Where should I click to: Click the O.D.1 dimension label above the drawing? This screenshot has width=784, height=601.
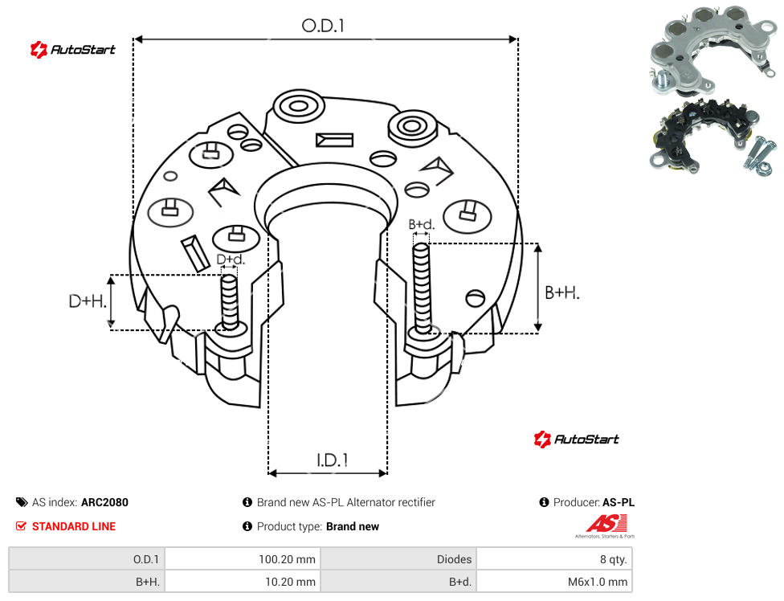pyautogui.click(x=323, y=26)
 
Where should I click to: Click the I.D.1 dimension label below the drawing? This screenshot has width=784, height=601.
pyautogui.click(x=333, y=460)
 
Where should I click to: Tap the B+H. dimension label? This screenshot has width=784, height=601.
pyautogui.click(x=562, y=292)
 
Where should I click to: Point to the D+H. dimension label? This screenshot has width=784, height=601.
pyautogui.click(x=88, y=301)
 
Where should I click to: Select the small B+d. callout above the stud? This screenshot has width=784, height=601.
pyautogui.click(x=422, y=224)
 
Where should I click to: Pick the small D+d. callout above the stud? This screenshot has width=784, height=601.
pyautogui.click(x=231, y=260)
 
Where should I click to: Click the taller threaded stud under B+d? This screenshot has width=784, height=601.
pyautogui.click(x=422, y=289)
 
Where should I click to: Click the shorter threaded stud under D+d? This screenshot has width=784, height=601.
pyautogui.click(x=230, y=302)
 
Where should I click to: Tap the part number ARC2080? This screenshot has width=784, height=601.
pyautogui.click(x=104, y=502)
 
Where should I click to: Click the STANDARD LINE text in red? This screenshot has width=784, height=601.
pyautogui.click(x=74, y=526)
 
